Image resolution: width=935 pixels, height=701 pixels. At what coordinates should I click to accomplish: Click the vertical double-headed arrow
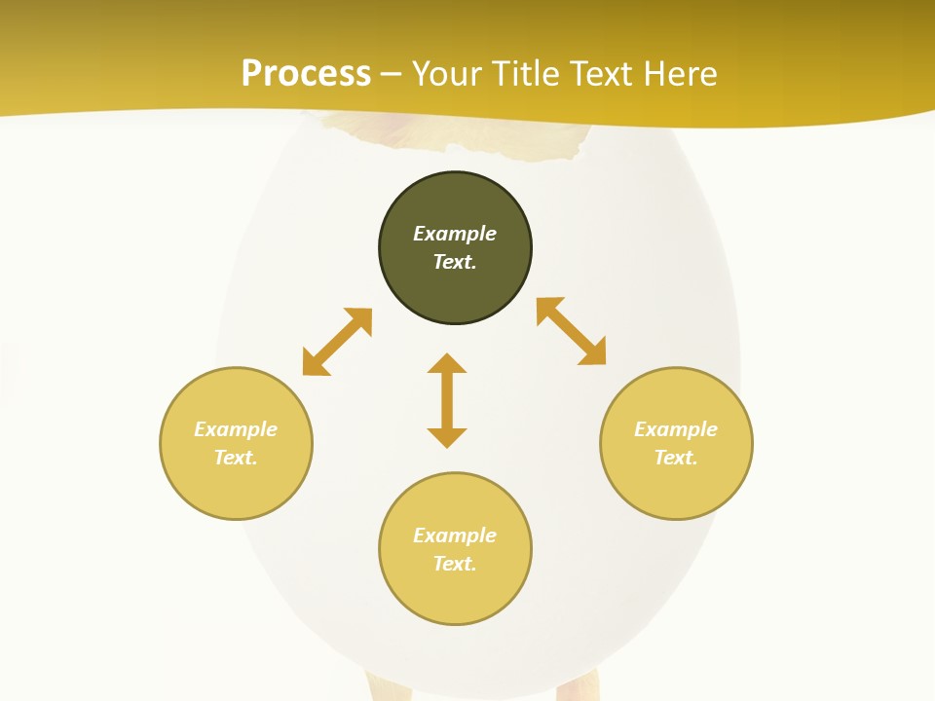pos(447,401)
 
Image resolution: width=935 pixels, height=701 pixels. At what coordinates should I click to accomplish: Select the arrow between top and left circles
pos(337,342)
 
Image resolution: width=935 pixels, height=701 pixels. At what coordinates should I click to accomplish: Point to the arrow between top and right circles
pos(571,331)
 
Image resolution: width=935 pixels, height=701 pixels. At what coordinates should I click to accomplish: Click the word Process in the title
pos(306,73)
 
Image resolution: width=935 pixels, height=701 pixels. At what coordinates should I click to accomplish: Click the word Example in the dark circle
pos(455,234)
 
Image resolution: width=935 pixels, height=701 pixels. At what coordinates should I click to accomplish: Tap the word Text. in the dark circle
pos(455,262)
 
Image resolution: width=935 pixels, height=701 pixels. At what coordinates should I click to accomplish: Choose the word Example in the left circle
pos(236,429)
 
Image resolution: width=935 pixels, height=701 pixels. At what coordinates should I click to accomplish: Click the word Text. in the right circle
pos(676,458)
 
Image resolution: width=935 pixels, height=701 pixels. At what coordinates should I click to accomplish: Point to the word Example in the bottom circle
pos(455,535)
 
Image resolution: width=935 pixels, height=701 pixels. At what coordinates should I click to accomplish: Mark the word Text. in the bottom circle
pos(455,564)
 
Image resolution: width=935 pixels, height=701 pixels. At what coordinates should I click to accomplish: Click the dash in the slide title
pos(392,73)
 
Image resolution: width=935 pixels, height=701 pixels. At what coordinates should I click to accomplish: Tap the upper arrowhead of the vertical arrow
pos(447,364)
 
